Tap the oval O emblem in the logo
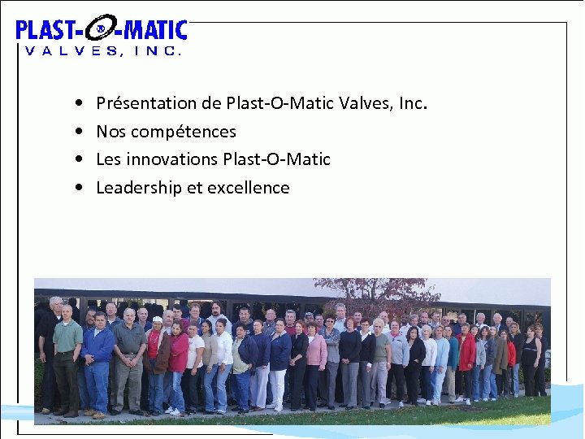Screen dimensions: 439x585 (100, 30)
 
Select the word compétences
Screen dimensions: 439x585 (184, 132)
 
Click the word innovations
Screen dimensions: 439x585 (171, 159)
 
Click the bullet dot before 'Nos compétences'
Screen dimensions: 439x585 (76, 132)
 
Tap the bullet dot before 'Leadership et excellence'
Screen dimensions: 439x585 (76, 188)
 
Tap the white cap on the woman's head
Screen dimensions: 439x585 (157, 320)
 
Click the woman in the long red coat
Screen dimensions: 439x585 (466, 354)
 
